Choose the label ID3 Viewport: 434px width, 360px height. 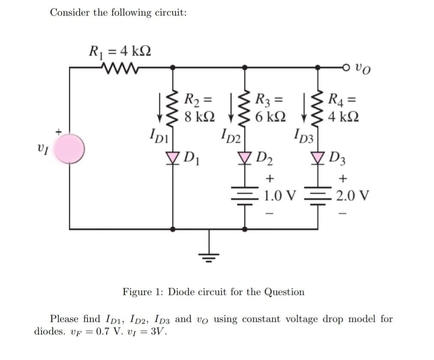click(304, 138)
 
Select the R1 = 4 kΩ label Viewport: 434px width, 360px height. click(119, 52)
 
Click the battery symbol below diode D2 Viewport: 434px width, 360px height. click(245, 195)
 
